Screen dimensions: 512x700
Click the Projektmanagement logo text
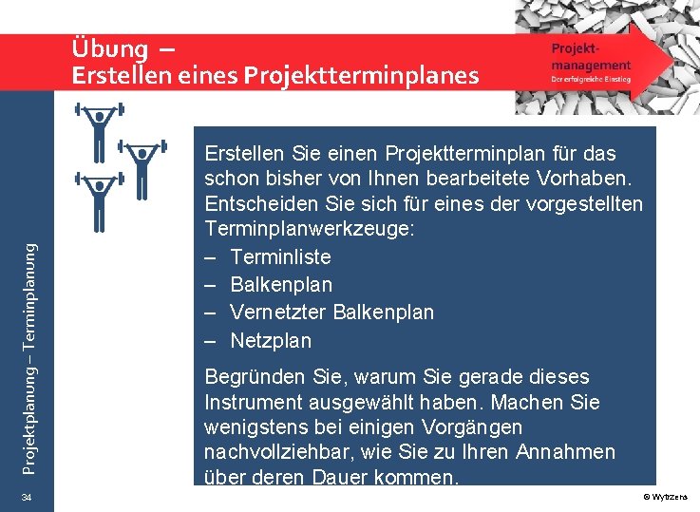click(590, 56)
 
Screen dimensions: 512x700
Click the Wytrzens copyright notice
click(671, 498)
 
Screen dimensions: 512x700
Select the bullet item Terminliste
click(280, 257)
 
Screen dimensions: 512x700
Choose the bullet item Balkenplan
click(281, 285)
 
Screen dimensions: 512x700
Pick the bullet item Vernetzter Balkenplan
click(331, 313)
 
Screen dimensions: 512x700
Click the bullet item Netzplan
click(271, 340)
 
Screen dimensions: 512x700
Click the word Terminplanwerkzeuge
click(303, 230)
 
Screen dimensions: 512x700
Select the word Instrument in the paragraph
click(251, 403)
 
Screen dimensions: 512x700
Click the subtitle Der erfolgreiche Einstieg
click(591, 80)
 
